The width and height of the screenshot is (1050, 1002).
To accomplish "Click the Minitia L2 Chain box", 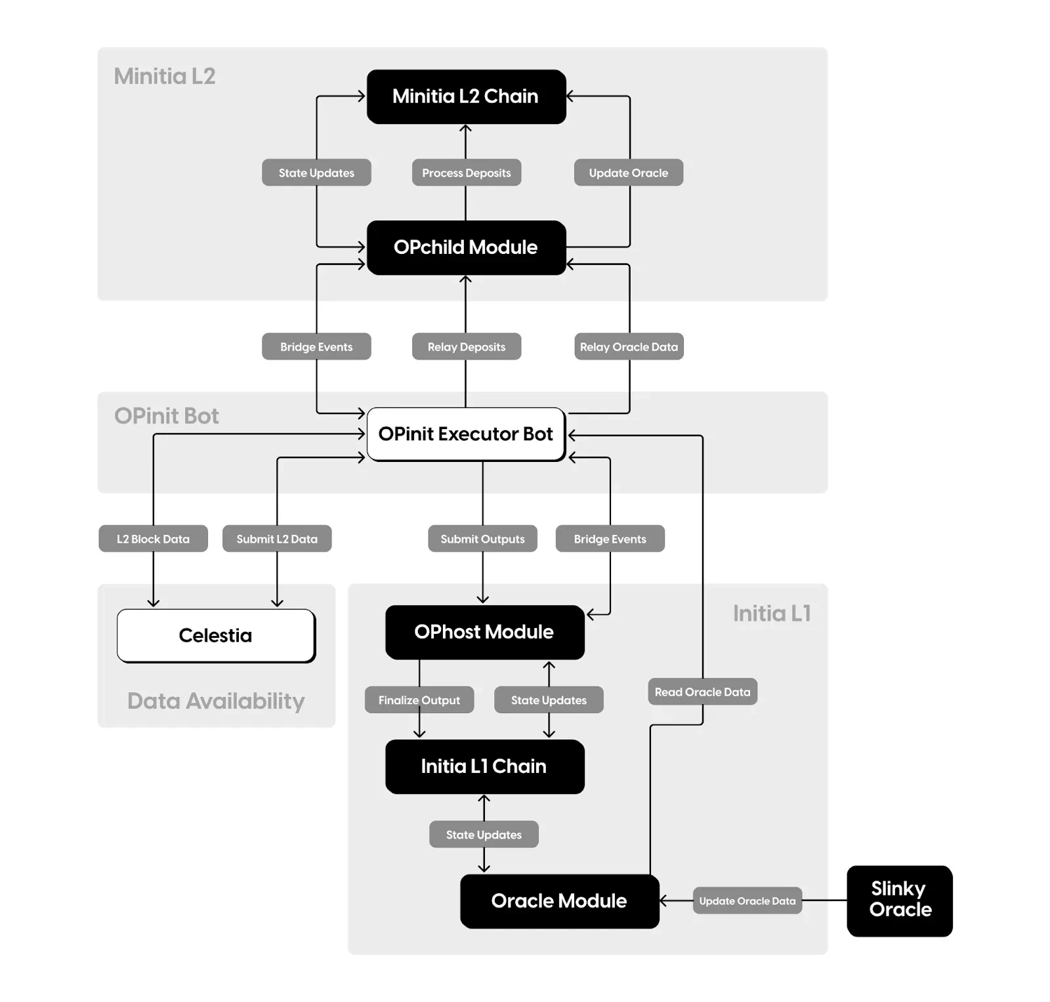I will [466, 96].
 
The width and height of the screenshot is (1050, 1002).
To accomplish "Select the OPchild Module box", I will [466, 247].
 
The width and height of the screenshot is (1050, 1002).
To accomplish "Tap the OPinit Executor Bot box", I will [466, 434].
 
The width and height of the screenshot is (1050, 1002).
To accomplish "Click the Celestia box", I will [216, 635].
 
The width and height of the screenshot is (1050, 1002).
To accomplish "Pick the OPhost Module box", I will [484, 632].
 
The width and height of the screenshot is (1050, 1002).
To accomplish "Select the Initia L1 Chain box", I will [484, 766].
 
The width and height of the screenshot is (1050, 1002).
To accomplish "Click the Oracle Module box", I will [559, 901].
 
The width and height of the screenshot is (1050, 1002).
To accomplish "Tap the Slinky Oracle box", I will [900, 900].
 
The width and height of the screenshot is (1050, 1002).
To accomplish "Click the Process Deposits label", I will [467, 173].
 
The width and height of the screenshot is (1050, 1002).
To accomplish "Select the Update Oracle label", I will [629, 173].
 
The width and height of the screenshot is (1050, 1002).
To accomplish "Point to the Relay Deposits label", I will [467, 346].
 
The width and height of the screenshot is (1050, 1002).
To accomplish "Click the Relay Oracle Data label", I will [629, 346].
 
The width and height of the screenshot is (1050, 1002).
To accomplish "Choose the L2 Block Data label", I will [153, 539].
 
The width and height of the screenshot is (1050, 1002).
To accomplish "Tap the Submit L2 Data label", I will [277, 539].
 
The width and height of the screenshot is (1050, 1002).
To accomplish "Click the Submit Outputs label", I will [482, 539].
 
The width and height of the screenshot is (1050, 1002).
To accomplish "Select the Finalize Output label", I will [419, 700].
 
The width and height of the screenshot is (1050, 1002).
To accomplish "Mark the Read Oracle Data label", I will [702, 692].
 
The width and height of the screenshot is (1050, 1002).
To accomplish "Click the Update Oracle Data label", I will [747, 901].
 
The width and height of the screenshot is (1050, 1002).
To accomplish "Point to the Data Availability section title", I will [216, 701].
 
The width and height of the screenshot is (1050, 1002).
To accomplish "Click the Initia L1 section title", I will [772, 614].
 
